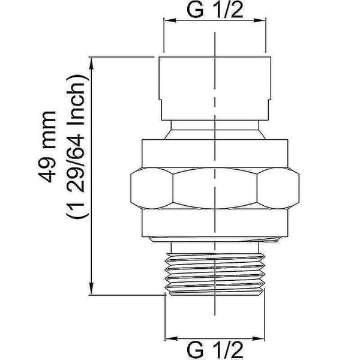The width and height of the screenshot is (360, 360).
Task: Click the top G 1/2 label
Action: pos(215,10)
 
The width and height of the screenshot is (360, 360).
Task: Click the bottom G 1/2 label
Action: pos(215,350)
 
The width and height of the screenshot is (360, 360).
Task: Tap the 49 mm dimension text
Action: pos(47,147)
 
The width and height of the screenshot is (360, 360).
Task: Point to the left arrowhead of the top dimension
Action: pos(170,20)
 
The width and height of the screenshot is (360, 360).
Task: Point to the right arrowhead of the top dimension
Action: pos(259,20)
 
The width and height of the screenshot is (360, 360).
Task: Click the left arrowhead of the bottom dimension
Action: pos(172,338)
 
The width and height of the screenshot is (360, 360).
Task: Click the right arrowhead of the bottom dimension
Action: pos(259,338)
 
